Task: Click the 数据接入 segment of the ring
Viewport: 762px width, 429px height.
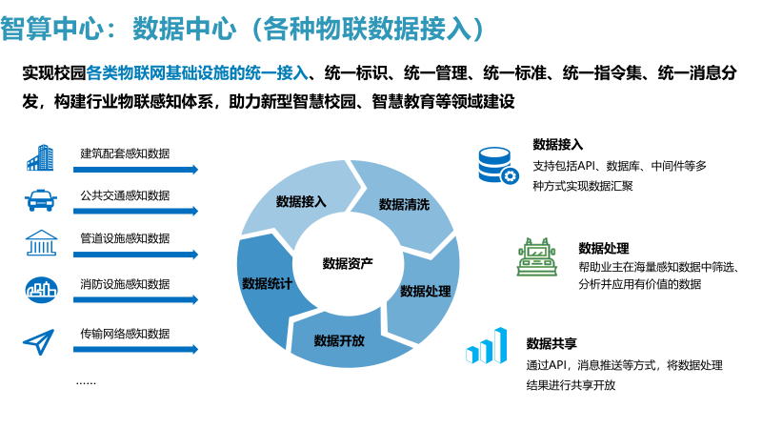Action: point(300,201)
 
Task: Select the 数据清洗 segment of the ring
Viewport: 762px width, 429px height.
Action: point(404,204)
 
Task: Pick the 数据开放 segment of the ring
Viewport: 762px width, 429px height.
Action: point(339,340)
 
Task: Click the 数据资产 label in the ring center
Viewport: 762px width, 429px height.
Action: point(348,263)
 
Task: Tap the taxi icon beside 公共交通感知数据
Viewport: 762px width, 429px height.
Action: point(39,200)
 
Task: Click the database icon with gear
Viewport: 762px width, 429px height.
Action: point(497,163)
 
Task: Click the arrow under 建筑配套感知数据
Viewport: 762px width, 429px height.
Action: point(139,170)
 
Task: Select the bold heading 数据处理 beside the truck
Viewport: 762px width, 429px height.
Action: point(603,248)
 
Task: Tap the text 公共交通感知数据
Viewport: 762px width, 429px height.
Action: point(125,195)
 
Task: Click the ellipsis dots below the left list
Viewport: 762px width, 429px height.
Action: point(87,380)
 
